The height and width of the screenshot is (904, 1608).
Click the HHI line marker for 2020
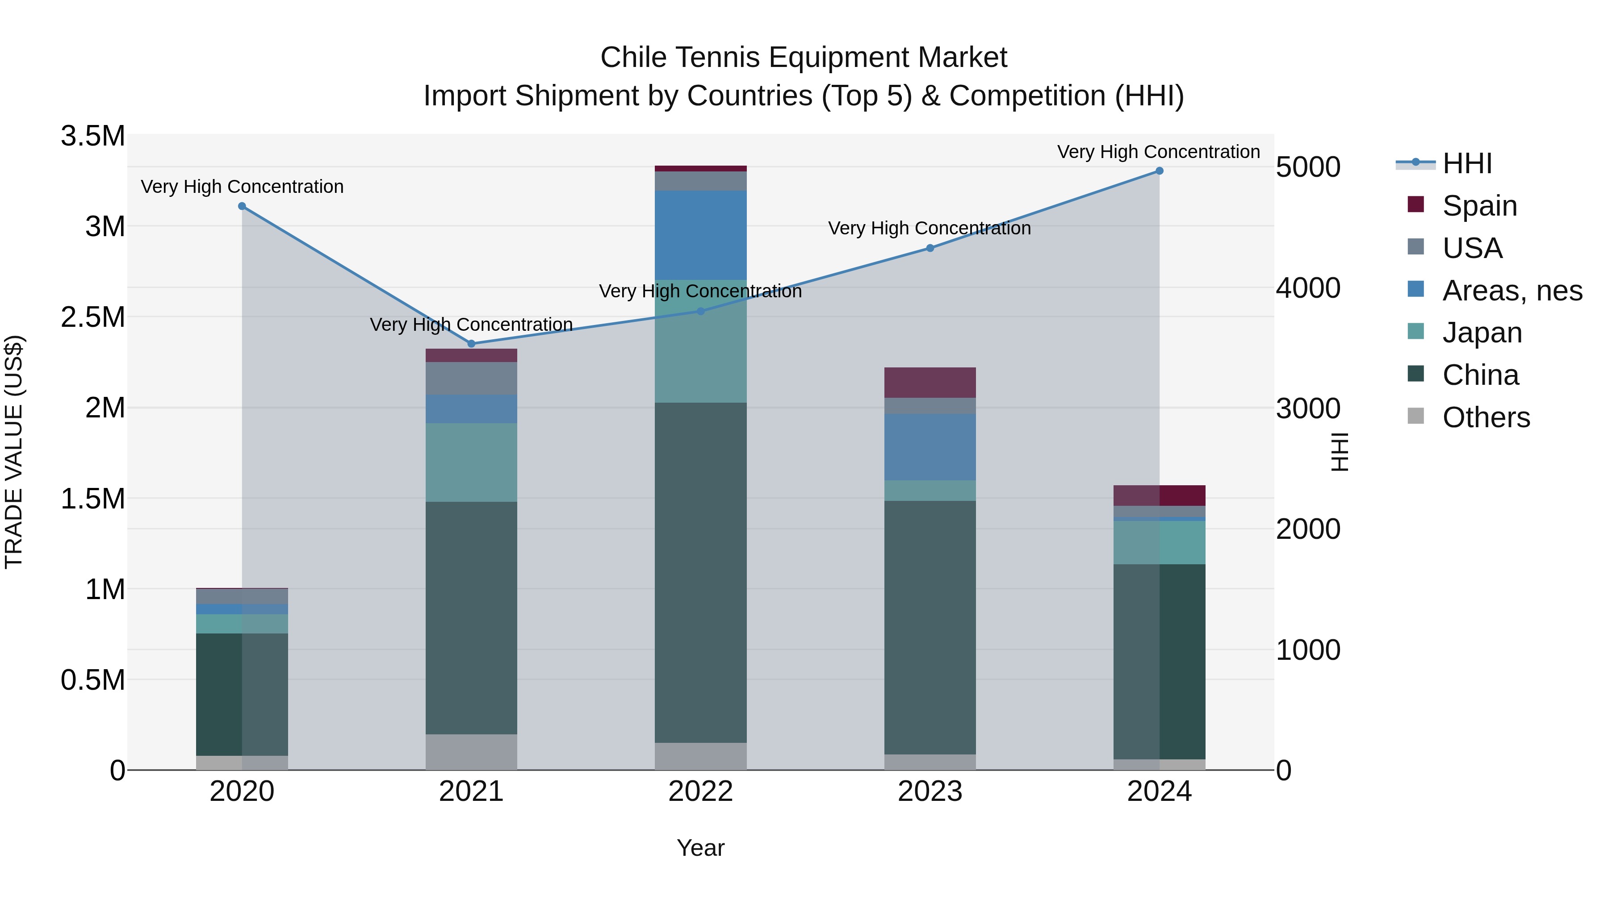tap(242, 206)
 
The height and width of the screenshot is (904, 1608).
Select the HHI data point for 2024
tap(1159, 171)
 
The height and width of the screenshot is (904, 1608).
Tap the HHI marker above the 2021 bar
tap(471, 344)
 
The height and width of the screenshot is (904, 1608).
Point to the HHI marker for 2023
tap(930, 248)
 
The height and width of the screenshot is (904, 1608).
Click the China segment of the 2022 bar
tap(700, 572)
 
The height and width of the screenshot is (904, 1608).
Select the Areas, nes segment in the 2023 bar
tap(930, 447)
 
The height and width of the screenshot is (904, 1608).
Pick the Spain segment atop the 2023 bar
tap(930, 383)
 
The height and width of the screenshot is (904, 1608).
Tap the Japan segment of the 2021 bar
tap(471, 462)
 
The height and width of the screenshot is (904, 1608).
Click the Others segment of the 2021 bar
tap(471, 751)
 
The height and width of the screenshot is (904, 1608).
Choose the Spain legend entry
tap(1479, 206)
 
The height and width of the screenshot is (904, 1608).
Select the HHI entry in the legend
tap(1467, 163)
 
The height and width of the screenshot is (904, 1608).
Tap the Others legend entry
tap(1486, 417)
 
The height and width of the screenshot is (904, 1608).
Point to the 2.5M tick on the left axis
tap(93, 317)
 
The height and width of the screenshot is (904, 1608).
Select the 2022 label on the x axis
tap(700, 792)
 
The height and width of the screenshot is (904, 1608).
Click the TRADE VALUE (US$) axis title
tap(14, 452)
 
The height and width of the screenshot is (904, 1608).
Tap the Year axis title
tap(700, 848)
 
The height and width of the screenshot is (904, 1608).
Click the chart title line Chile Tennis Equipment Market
tap(804, 58)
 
